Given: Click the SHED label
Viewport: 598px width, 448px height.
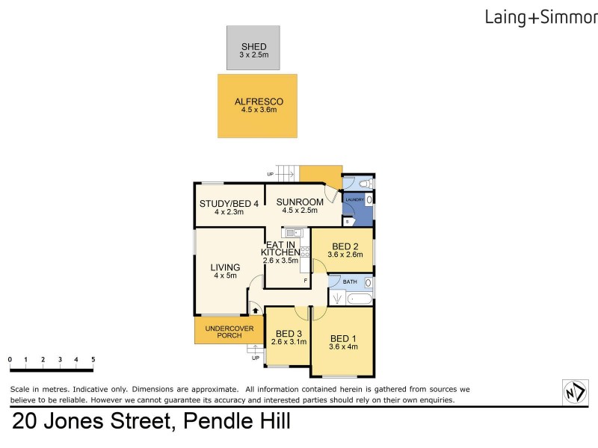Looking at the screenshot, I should tap(253, 47).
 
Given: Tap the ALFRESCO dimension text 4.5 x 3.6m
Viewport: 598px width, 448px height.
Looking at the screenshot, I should tap(259, 110).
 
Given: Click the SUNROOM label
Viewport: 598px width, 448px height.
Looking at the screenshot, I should tap(300, 202).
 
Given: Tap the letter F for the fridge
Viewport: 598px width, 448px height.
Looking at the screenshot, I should tap(305, 280).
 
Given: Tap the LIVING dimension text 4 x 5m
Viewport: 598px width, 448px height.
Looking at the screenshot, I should tap(224, 276).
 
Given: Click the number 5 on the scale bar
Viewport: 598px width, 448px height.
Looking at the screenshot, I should tap(93, 359).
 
